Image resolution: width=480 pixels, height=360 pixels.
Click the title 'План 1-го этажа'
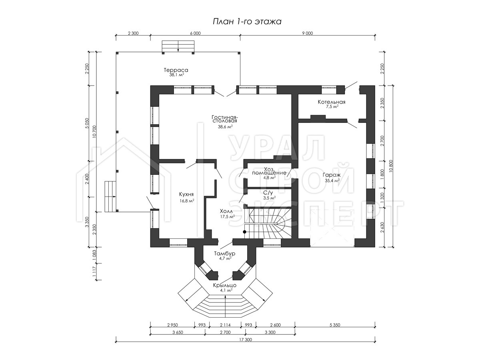(247, 22)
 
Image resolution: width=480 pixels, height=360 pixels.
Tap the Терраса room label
(176, 70)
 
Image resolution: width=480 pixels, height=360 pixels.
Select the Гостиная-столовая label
(224, 119)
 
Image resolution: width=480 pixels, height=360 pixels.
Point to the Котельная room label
(332, 102)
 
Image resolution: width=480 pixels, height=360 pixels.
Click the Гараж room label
(332, 175)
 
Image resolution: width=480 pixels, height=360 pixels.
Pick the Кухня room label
(186, 194)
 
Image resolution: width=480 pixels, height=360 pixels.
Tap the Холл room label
(226, 211)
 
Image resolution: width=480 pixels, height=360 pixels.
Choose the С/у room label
(268, 193)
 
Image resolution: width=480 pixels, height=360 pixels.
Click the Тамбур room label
(224, 254)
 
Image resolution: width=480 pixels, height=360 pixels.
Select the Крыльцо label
(225, 285)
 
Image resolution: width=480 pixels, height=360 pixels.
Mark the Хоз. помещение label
(269, 171)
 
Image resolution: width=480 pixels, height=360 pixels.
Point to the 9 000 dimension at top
(308, 33)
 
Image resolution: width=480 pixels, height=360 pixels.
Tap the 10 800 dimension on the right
(391, 166)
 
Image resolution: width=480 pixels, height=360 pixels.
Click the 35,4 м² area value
(332, 180)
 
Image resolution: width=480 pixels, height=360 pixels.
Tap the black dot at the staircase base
(244, 232)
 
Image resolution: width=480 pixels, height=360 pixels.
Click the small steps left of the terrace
(110, 196)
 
